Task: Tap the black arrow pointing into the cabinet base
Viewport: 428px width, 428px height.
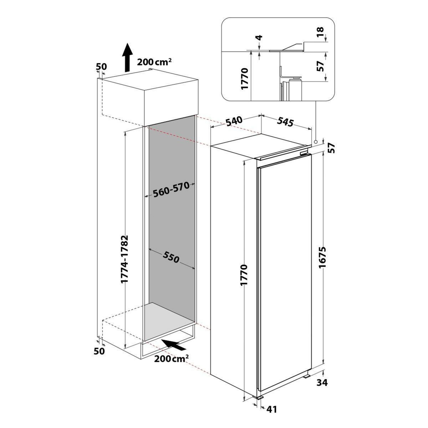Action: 174,345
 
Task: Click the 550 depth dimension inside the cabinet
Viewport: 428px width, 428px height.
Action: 171,257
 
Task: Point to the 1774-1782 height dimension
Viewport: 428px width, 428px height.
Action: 124,259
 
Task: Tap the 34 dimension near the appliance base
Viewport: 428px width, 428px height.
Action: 322,383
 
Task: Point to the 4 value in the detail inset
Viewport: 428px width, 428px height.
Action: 259,38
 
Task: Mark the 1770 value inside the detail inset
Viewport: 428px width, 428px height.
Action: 245,79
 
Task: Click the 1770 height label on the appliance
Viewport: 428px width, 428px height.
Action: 244,275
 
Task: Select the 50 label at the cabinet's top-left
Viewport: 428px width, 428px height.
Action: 101,66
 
